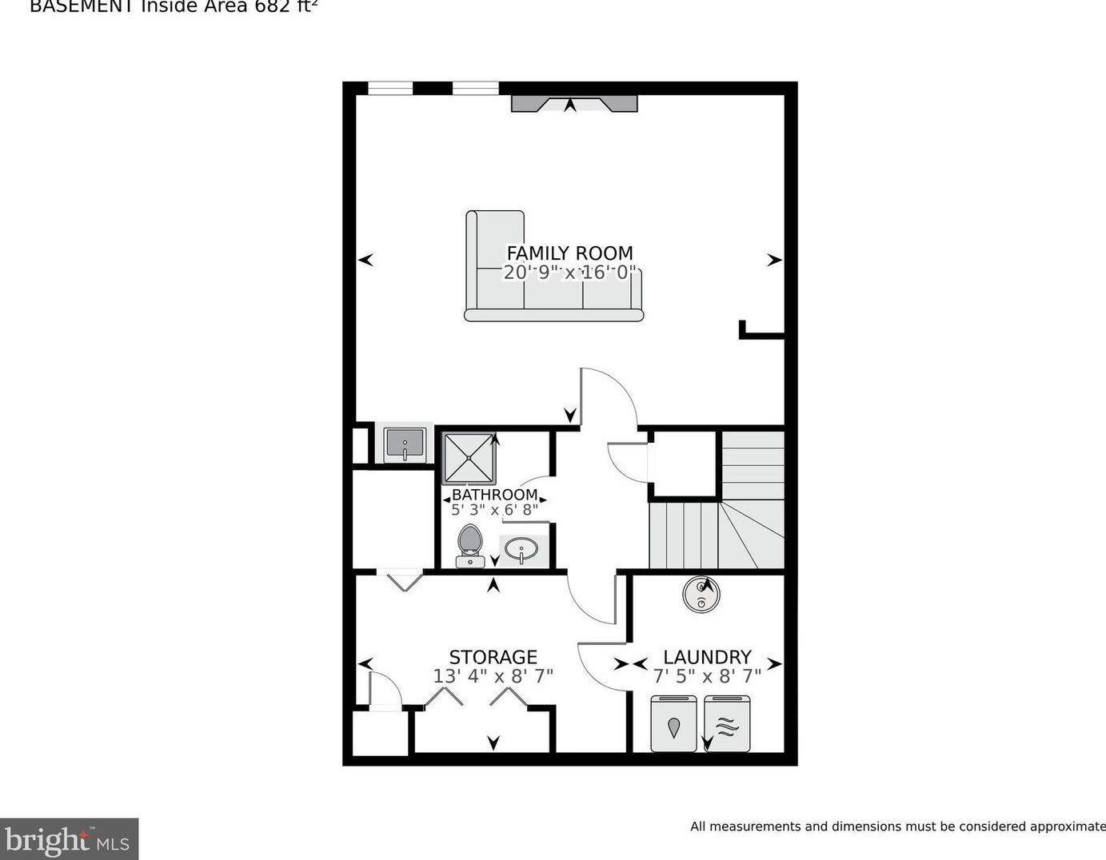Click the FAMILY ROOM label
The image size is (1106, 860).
pos(569,253)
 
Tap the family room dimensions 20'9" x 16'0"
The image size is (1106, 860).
pos(569,273)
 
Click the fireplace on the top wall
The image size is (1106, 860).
pos(574,103)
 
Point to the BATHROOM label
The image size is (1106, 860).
pos(494,495)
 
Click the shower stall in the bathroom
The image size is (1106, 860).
pos(469,458)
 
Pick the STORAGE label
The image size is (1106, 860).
pos(493,657)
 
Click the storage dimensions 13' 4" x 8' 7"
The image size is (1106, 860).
pos(493,676)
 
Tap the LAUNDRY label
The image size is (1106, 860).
pos(707,657)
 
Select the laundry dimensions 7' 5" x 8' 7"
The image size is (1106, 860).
pos(707,676)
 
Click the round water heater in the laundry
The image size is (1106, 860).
pos(701,594)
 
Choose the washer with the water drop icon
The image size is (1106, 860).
pos(673,724)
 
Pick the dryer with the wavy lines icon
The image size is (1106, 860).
pos(727,724)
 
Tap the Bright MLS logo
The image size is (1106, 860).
pos(69,839)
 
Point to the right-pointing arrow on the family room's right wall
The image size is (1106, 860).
pos(774,260)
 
